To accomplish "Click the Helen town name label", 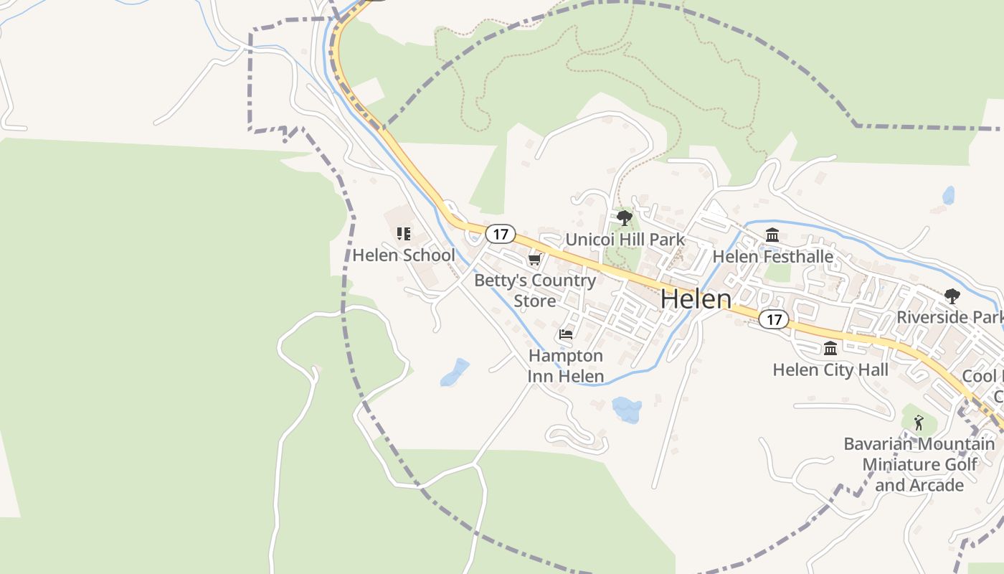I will pos(696,298).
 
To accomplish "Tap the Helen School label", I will pos(404,255).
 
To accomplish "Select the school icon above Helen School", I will pos(404,233).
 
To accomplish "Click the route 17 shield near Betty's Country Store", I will pos(500,233).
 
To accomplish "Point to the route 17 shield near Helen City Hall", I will pos(773,319).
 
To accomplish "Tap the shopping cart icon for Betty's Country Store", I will pos(534,259).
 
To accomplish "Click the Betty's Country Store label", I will pos(535,290).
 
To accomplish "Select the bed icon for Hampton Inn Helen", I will pos(566,334).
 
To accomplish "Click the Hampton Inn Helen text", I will pos(566,366).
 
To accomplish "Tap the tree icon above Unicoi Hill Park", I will pos(625,217).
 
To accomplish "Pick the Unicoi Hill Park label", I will pos(625,240).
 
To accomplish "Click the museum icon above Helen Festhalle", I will pos(772,235).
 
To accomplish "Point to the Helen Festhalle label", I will pos(772,256).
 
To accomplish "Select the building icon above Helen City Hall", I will pos(830,348).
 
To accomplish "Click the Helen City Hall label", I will pos(830,370).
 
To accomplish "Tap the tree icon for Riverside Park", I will pos(952,296).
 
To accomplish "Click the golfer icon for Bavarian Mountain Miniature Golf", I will pos(919,423).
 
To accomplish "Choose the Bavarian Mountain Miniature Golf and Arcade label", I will pos(919,464).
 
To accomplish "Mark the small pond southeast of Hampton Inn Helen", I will pos(627,410).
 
